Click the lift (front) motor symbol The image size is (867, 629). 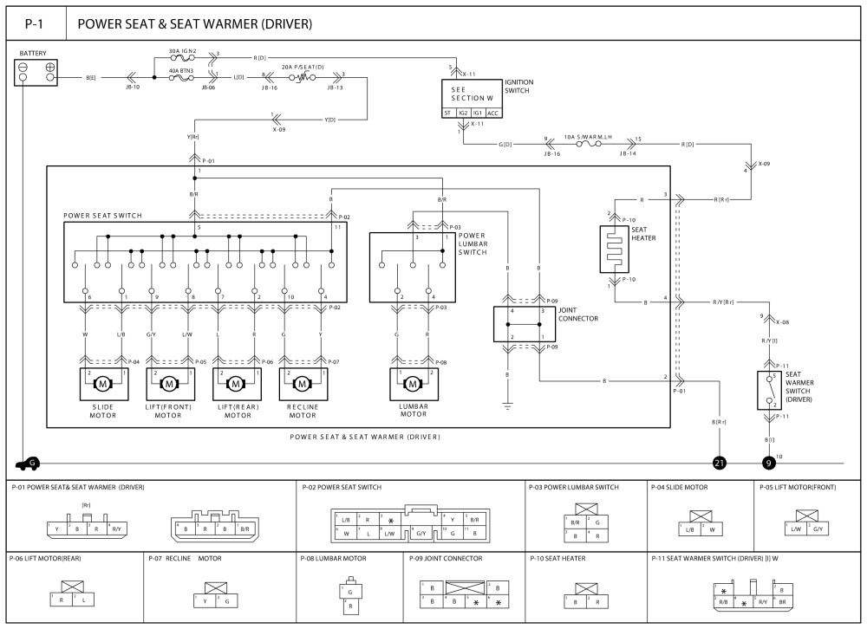pos(169,382)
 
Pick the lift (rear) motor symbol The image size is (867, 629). pos(235,382)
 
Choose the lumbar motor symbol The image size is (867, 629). pos(413,382)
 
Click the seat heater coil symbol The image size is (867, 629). pos(614,250)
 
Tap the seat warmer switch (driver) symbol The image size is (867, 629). pos(769,391)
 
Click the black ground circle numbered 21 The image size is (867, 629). pos(719,464)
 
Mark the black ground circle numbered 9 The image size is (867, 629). pos(769,464)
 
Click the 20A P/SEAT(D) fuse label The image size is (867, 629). pos(303,66)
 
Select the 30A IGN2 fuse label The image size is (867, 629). pos(183,51)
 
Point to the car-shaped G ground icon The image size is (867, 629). pos(28,464)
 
